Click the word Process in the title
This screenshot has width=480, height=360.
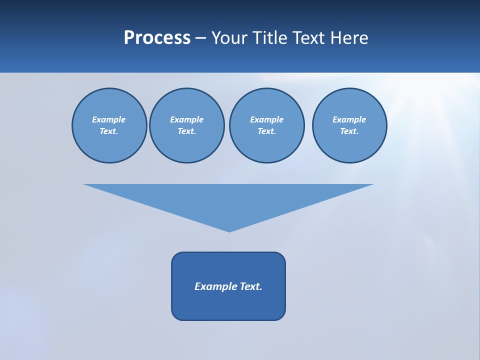[157, 38]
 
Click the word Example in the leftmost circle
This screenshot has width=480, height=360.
[109, 119]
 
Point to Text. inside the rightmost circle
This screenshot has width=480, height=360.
[349, 131]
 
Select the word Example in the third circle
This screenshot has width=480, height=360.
[266, 119]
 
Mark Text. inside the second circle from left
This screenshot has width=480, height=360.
[186, 131]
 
